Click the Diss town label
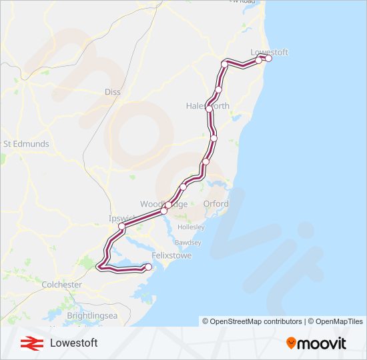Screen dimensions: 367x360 [x=113, y=92]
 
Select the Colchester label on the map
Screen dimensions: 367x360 [x=62, y=285]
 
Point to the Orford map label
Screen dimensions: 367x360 [x=216, y=204]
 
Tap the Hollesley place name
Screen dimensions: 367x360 [x=192, y=227]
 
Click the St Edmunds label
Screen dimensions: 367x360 [x=27, y=144]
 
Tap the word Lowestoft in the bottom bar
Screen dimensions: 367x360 [x=73, y=343]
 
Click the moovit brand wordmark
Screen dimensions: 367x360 [x=322, y=343]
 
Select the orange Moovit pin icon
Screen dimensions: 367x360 [x=291, y=343]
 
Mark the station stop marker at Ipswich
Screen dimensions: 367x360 [x=122, y=227]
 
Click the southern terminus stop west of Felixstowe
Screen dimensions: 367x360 [x=148, y=267]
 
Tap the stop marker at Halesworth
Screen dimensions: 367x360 [x=210, y=108]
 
